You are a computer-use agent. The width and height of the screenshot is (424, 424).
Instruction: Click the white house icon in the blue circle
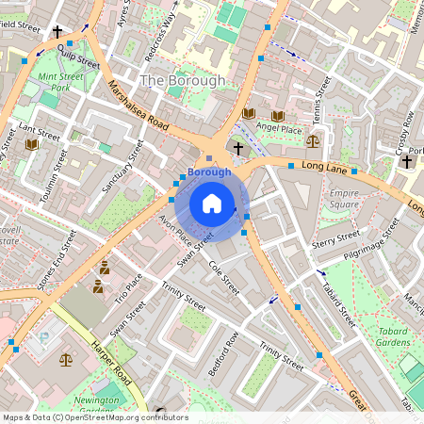[212, 203]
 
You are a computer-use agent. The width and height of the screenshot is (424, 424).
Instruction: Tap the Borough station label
[208, 172]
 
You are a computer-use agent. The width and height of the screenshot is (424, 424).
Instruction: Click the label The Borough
[183, 81]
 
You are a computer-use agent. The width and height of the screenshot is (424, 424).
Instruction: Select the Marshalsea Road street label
[138, 105]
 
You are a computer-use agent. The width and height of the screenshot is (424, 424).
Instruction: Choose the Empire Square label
[344, 198]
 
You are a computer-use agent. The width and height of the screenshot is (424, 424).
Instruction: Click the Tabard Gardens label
[395, 336]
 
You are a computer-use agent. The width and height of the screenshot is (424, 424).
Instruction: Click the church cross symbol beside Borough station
[238, 149]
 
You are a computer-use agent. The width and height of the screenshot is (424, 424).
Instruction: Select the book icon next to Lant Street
[32, 144]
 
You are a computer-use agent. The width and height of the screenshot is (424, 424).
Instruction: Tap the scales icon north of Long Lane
[312, 140]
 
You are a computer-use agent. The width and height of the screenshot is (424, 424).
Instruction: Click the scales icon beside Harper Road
[65, 359]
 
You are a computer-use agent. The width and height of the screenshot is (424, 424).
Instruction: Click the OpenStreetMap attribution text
[94, 417]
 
